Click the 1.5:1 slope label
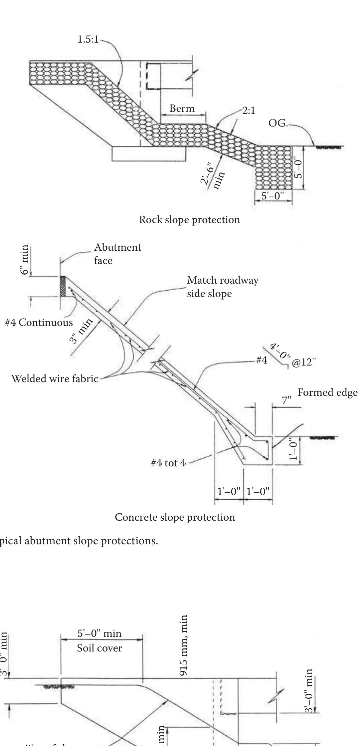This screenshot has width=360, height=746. tap(88, 39)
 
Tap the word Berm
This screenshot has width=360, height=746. tap(182, 109)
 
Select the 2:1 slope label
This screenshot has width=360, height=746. tap(249, 111)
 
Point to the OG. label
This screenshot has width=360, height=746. tap(278, 123)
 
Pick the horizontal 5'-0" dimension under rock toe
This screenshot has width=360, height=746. tap(273, 196)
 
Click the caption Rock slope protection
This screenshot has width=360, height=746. tap(189, 220)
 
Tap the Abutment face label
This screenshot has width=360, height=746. tap(117, 254)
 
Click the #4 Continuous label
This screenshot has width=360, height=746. tap(39, 322)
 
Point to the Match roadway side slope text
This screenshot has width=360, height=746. tap(222, 287)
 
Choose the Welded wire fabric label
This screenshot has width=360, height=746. tap(55, 378)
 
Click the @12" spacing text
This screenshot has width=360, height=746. tap(303, 362)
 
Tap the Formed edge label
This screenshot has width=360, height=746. tap(327, 392)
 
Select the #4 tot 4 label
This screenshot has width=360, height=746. tap(168, 463)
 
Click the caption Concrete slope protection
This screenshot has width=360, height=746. tap(175, 517)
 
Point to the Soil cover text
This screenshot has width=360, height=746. tap(99, 648)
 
